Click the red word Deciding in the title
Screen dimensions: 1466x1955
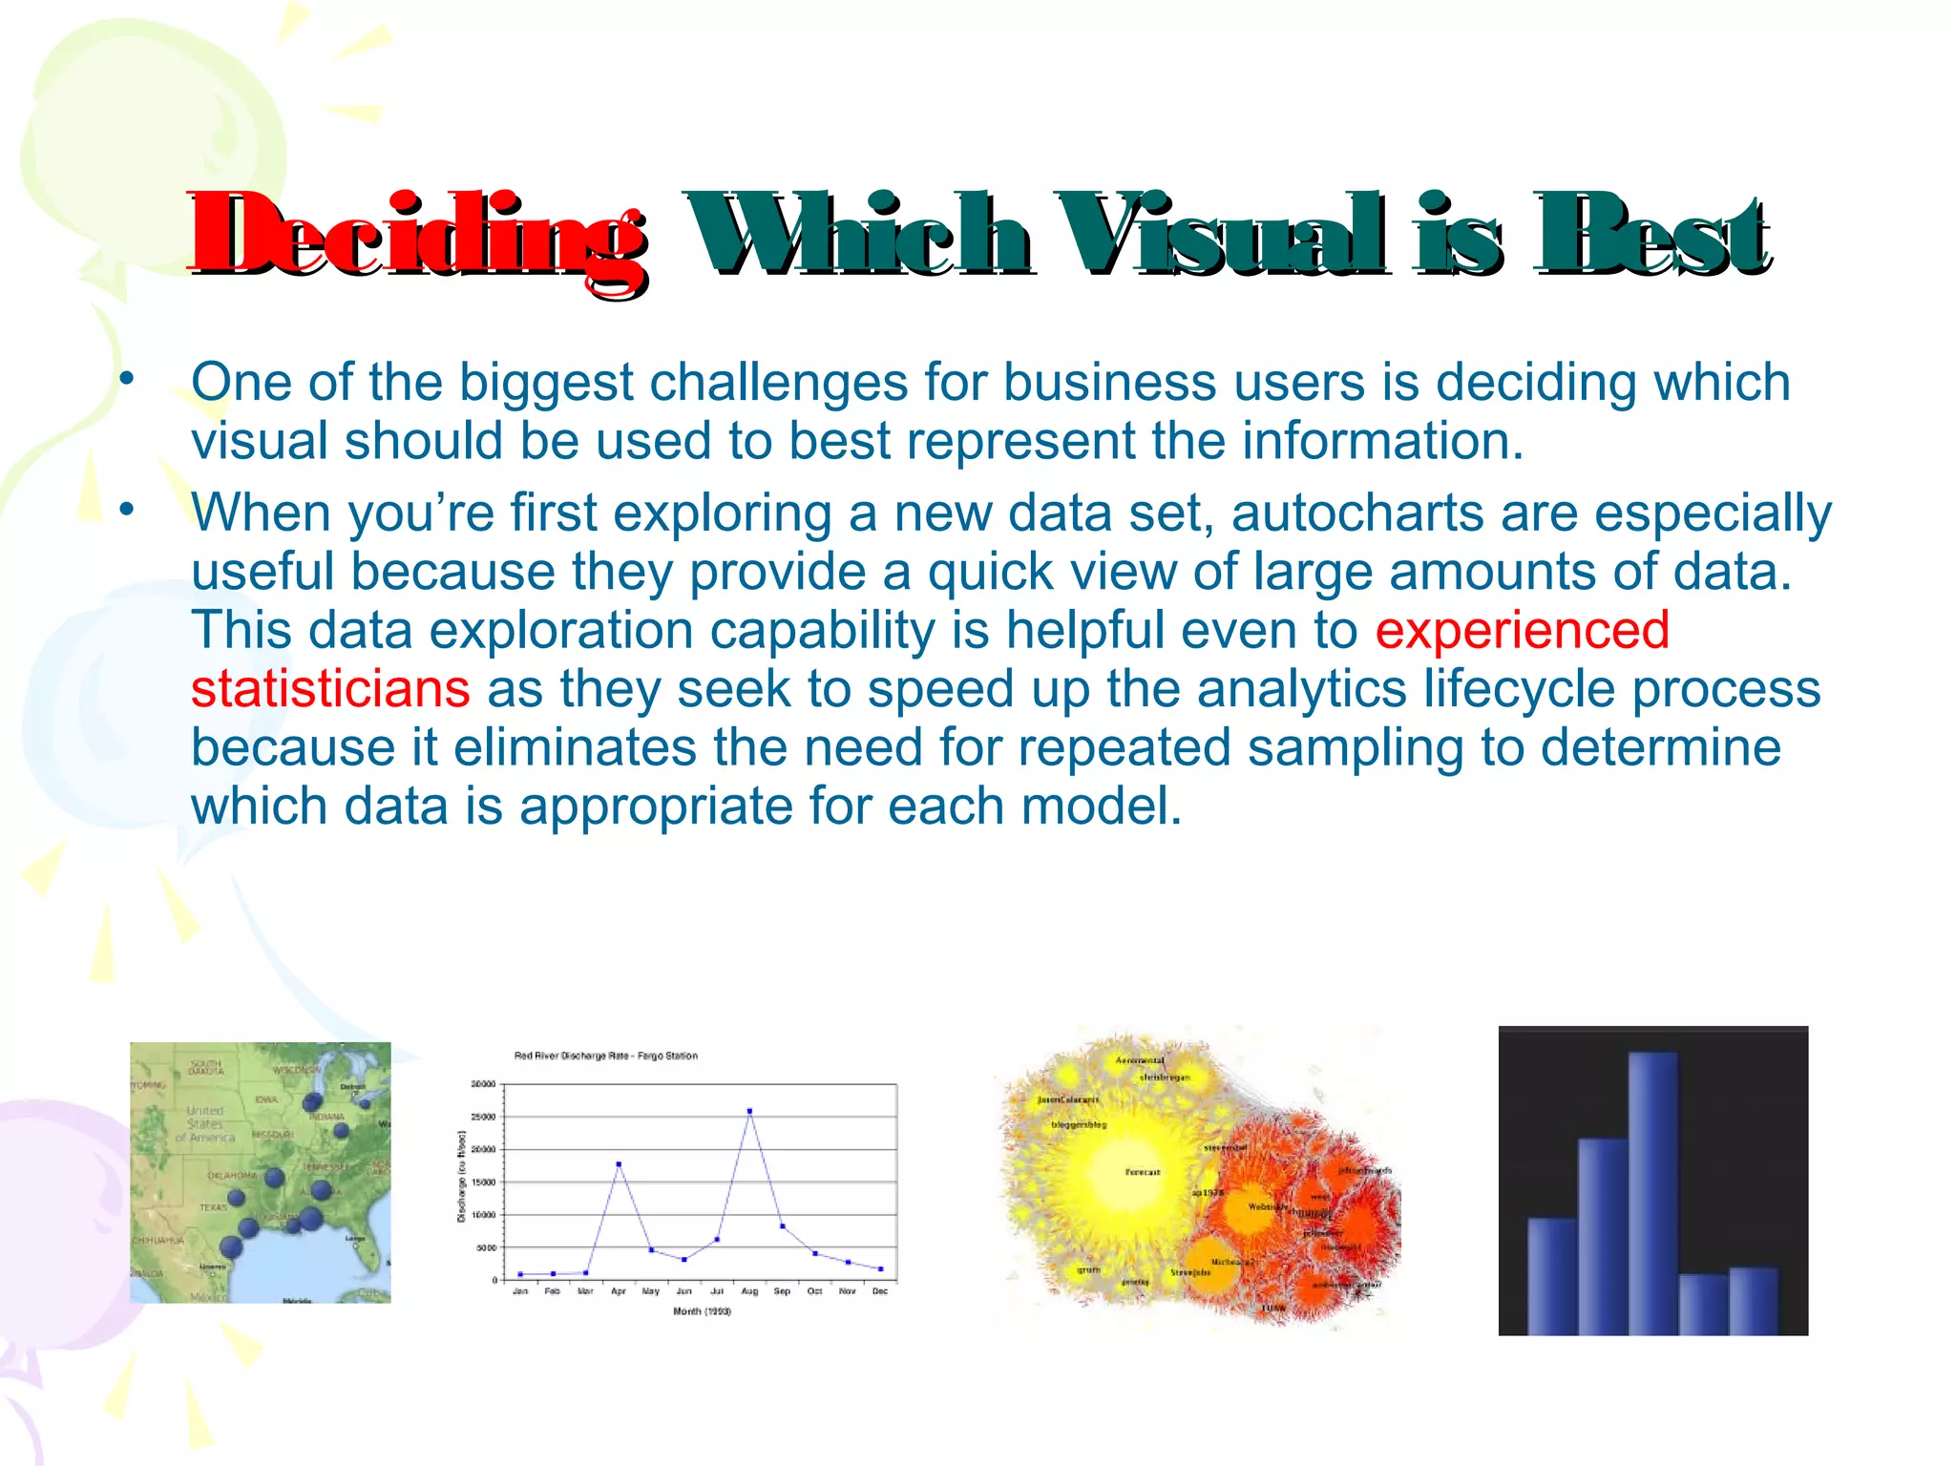418,235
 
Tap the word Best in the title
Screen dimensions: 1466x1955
1651,235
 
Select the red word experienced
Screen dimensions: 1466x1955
1522,631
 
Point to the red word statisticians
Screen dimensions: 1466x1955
330,689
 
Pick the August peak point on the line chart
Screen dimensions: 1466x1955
749,1111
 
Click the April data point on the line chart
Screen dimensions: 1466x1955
619,1164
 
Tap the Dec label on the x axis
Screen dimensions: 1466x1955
879,1291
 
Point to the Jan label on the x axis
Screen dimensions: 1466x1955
520,1291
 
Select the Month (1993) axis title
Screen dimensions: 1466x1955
702,1311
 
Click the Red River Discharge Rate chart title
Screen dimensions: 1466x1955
605,1056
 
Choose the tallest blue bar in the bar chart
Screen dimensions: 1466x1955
1652,1193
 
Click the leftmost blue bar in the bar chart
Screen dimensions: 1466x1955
1551,1275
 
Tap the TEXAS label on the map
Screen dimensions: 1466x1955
213,1207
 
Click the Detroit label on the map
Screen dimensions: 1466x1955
352,1087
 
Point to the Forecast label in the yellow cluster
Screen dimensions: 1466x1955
1143,1172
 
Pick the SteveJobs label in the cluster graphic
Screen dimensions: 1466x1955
1190,1272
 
